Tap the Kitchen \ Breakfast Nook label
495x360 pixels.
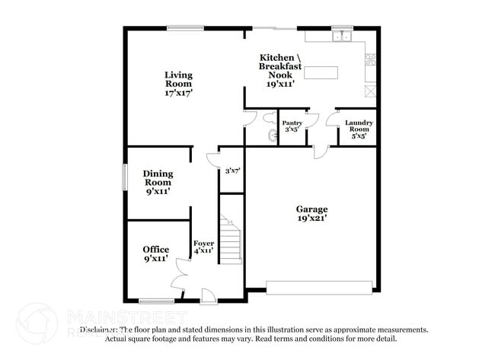[x=280, y=66]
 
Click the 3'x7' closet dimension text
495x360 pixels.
[x=232, y=171]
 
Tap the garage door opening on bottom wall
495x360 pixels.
[x=319, y=287]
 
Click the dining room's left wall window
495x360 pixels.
[x=126, y=177]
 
